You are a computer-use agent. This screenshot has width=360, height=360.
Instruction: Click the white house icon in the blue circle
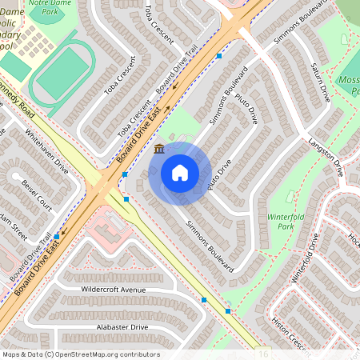click(180, 173)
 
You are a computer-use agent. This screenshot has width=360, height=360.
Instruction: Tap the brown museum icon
click(158, 149)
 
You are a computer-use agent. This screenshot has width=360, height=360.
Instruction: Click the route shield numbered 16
click(264, 353)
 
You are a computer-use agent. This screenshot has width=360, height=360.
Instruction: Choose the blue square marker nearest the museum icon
click(126, 174)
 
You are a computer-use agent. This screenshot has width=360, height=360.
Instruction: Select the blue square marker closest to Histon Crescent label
click(229, 310)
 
